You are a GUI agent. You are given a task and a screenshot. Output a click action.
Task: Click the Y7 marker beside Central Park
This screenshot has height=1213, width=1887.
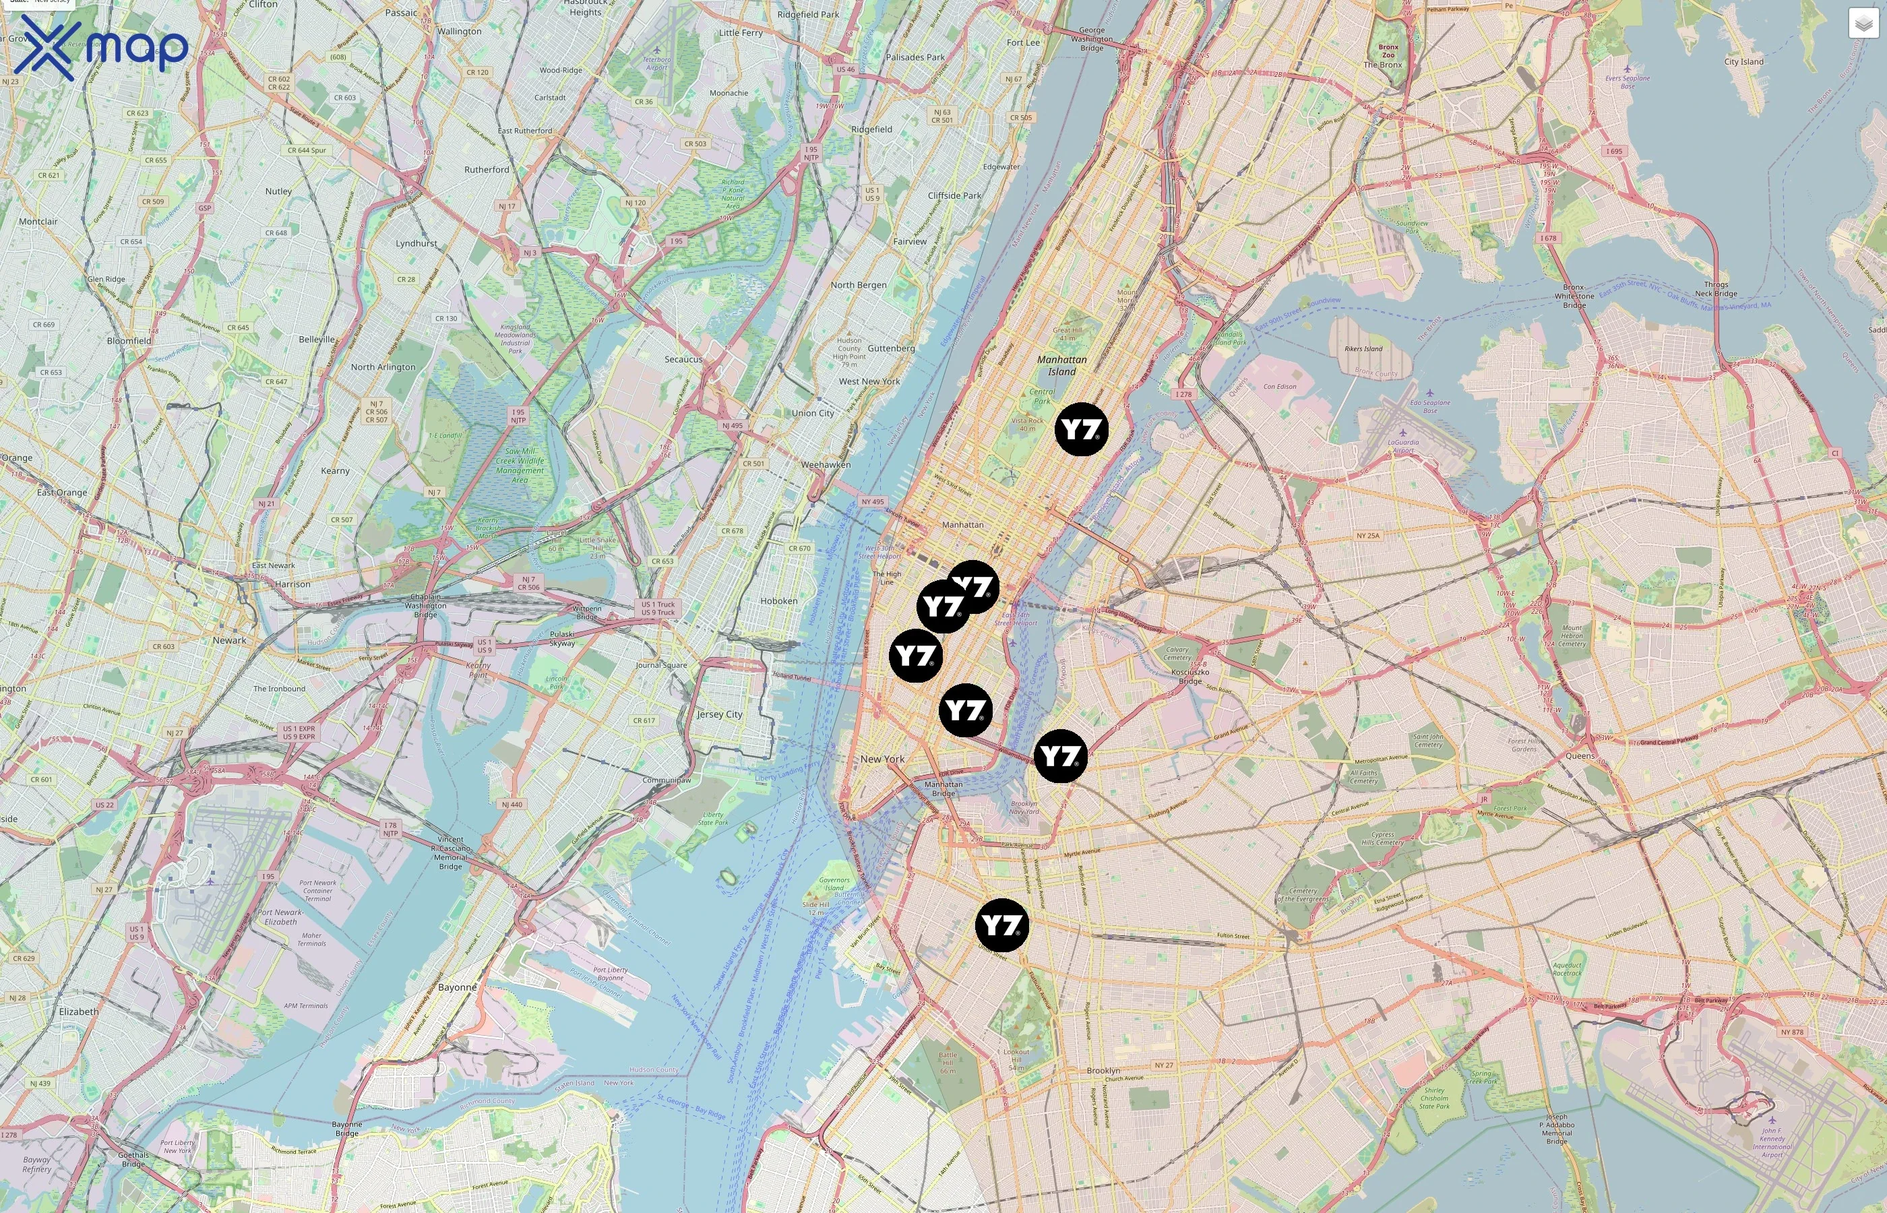[1082, 429]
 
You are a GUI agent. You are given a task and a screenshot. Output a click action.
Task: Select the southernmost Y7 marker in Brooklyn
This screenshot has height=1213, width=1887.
[1001, 925]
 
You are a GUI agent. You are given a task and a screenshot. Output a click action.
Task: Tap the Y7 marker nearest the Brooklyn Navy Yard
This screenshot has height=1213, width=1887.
[1060, 756]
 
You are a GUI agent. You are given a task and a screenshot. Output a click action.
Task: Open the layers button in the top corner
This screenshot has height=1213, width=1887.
[1863, 24]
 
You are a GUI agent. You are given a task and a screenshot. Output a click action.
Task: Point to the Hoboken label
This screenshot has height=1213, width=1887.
[779, 601]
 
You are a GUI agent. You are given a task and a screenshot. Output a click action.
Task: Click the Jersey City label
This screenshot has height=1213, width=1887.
[719, 714]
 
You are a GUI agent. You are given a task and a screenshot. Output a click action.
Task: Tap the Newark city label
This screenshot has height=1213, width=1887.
[229, 640]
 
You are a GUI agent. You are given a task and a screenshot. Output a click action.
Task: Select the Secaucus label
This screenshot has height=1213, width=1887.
[683, 359]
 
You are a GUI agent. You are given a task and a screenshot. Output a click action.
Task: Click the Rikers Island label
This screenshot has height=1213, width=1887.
[1363, 348]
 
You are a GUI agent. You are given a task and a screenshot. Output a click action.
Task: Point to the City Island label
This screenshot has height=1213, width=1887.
[1743, 61]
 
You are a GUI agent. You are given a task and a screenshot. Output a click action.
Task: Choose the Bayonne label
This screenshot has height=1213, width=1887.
[457, 987]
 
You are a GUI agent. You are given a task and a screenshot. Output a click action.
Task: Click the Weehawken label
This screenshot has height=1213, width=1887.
[826, 465]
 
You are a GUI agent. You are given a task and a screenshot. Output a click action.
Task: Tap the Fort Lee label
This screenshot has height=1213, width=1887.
[1022, 42]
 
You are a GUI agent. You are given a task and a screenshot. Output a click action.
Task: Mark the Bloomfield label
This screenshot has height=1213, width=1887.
[129, 341]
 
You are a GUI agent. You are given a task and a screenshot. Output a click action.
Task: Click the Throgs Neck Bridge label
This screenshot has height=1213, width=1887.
[1716, 289]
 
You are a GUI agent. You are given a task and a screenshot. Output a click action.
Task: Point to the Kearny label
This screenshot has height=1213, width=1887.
[335, 471]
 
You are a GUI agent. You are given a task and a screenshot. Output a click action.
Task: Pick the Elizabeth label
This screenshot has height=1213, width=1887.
[79, 1012]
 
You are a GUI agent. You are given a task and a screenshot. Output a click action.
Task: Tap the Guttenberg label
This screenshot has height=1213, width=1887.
[891, 348]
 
